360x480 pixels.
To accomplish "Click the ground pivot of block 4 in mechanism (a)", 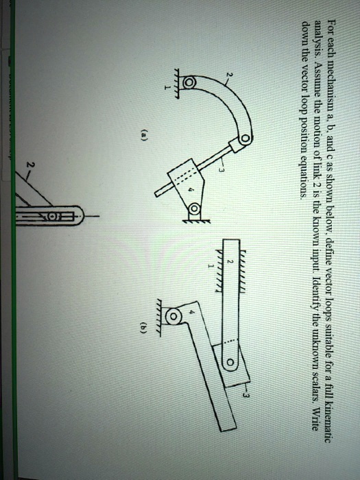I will point(194,208).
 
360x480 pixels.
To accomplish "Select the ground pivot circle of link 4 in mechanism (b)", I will point(174,317).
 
